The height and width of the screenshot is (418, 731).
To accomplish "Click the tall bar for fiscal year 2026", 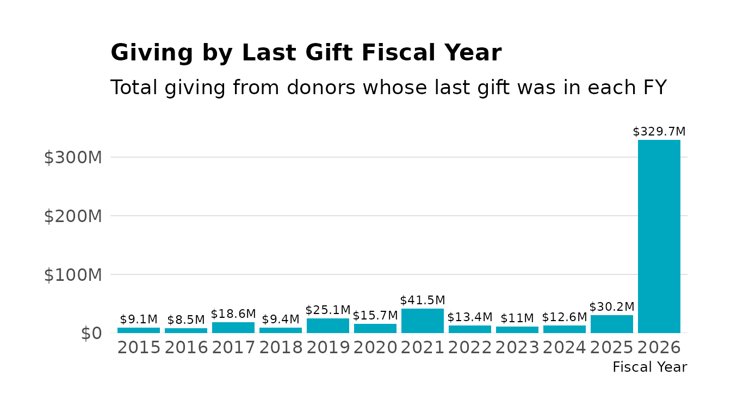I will pyautogui.click(x=659, y=236).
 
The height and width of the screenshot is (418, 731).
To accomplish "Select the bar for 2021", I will pyautogui.click(x=423, y=321).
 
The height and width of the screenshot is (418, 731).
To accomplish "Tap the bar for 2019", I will pyautogui.click(x=328, y=325).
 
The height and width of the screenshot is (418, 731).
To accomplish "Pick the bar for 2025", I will pyautogui.click(x=611, y=324).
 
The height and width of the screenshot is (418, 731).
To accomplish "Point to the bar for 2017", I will pyautogui.click(x=233, y=328).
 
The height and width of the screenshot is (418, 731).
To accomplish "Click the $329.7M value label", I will pyautogui.click(x=659, y=132).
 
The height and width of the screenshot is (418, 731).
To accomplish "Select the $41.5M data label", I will pyautogui.click(x=423, y=300).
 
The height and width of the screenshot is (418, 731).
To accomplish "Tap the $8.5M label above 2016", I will pyautogui.click(x=186, y=320).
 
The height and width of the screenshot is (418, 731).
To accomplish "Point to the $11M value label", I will pyautogui.click(x=517, y=318).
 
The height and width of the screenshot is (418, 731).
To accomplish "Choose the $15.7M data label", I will pyautogui.click(x=375, y=316).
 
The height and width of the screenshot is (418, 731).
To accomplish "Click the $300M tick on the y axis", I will pyautogui.click(x=73, y=157).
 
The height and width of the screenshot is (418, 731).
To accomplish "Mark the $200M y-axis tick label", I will pyautogui.click(x=73, y=216).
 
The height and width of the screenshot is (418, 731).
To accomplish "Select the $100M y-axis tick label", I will pyautogui.click(x=73, y=275).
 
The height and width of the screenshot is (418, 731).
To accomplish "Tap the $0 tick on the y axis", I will pyautogui.click(x=91, y=333).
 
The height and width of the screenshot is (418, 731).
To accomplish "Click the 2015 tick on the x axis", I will pyautogui.click(x=139, y=348).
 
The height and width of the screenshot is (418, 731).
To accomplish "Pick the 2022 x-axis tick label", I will pyautogui.click(x=470, y=348).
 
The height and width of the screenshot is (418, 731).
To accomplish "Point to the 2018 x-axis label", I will pyautogui.click(x=281, y=348).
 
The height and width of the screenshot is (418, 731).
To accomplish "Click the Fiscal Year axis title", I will pyautogui.click(x=649, y=367).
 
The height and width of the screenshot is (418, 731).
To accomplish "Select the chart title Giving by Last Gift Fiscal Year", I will pyautogui.click(x=306, y=53).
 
